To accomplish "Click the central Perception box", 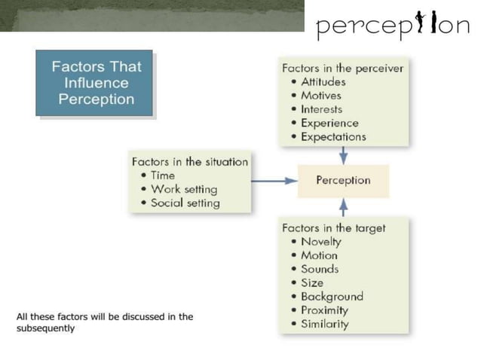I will click(x=343, y=181).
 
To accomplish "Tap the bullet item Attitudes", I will click(x=323, y=82).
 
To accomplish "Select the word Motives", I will click(x=320, y=96).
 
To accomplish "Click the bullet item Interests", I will click(x=321, y=109).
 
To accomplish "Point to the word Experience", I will click(x=329, y=123).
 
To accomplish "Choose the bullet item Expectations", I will click(x=333, y=137).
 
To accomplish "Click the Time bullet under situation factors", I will click(x=163, y=175).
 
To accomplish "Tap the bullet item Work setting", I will click(x=183, y=189).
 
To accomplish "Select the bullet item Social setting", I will click(x=185, y=203).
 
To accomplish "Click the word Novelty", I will click(x=320, y=242).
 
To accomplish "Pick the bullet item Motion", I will click(x=319, y=255).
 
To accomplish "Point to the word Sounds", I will click(x=320, y=269).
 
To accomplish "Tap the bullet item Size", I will click(x=312, y=282).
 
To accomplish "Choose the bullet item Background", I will click(x=332, y=297).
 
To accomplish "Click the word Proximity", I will click(x=324, y=310).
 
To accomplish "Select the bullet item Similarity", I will click(x=324, y=324).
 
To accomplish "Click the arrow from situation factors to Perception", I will click(x=272, y=181).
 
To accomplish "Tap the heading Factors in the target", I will click(x=333, y=227).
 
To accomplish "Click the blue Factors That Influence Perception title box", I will click(x=94, y=83).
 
